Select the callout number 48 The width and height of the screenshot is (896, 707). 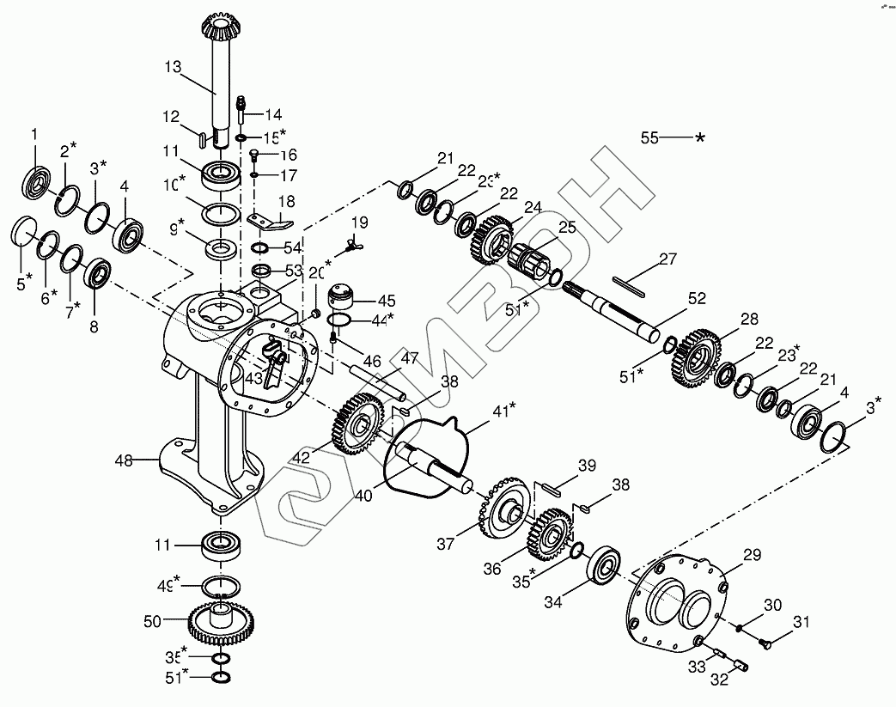pyautogui.click(x=124, y=460)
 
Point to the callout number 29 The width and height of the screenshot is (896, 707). pyautogui.click(x=752, y=557)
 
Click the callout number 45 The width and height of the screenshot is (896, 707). pyautogui.click(x=387, y=301)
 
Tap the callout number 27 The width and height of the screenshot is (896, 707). pyautogui.click(x=668, y=259)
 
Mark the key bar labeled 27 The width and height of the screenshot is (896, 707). pyautogui.click(x=634, y=284)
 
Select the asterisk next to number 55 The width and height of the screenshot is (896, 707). pyautogui.click(x=701, y=137)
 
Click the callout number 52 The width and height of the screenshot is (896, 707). pyautogui.click(x=697, y=298)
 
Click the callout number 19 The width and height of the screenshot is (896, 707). pyautogui.click(x=359, y=222)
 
